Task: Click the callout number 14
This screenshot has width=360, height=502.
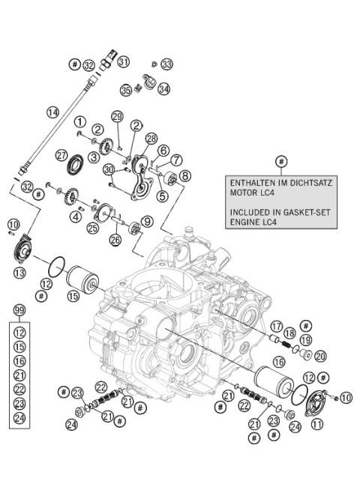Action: click(52, 112)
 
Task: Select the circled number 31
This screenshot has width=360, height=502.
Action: click(124, 61)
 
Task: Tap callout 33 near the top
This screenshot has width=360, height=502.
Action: click(166, 64)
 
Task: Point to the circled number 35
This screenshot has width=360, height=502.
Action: click(126, 90)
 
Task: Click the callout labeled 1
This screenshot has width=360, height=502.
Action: click(79, 121)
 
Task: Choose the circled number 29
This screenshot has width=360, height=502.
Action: click(117, 116)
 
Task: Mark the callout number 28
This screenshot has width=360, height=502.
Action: click(151, 139)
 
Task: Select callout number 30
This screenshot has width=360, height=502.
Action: click(109, 170)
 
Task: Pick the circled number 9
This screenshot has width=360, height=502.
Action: click(148, 221)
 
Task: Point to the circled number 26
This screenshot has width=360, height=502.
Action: click(115, 240)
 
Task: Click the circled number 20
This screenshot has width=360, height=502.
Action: click(320, 355)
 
